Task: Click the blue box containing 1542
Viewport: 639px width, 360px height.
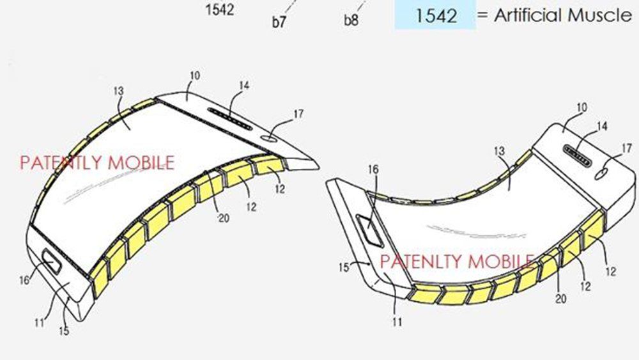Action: point(435,15)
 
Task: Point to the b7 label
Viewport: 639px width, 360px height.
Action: point(279,22)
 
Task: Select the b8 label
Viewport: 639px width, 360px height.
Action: point(351,20)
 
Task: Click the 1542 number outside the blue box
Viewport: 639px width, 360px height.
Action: point(220,10)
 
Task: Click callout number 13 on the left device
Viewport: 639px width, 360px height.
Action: point(118,91)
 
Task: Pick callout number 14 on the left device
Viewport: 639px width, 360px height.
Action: point(244,85)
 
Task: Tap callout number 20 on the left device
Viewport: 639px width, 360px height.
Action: point(223,218)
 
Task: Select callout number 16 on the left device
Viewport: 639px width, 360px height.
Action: point(24,279)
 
